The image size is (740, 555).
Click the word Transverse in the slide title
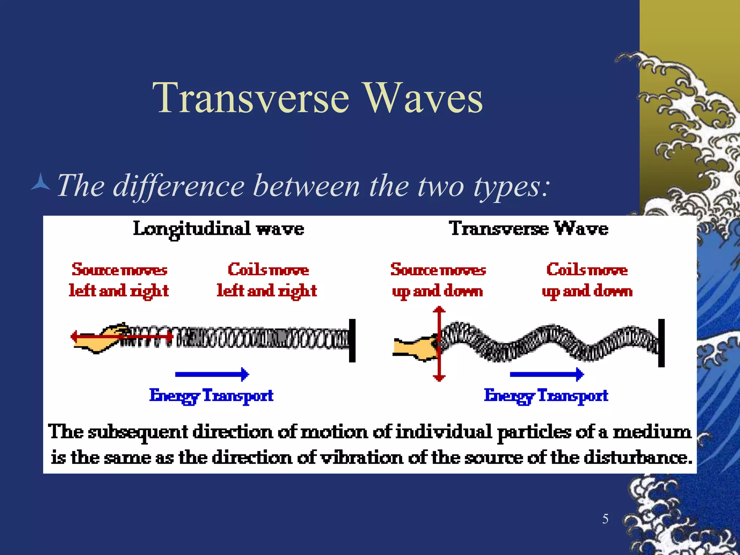coord(251,98)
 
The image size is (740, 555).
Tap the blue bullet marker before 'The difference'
coord(41,182)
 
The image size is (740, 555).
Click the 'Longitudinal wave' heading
coord(218,229)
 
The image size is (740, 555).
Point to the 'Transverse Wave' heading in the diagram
coord(528,228)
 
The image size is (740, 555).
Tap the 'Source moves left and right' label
coord(119,280)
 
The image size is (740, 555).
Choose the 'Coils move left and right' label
coord(267,280)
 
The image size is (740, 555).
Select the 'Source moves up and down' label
coord(438,280)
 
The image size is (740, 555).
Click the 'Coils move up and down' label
coord(587,280)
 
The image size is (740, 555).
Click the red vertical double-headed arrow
coord(439,344)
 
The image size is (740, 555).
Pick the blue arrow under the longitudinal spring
coord(212,374)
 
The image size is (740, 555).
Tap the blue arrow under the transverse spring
coord(546,374)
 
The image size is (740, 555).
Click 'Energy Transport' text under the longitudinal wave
coord(211,396)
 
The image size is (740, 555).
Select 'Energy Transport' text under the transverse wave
coord(546,396)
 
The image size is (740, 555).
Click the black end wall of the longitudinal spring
coord(352,340)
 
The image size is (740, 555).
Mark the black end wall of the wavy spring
coord(661,343)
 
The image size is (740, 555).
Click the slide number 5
coord(605,519)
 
